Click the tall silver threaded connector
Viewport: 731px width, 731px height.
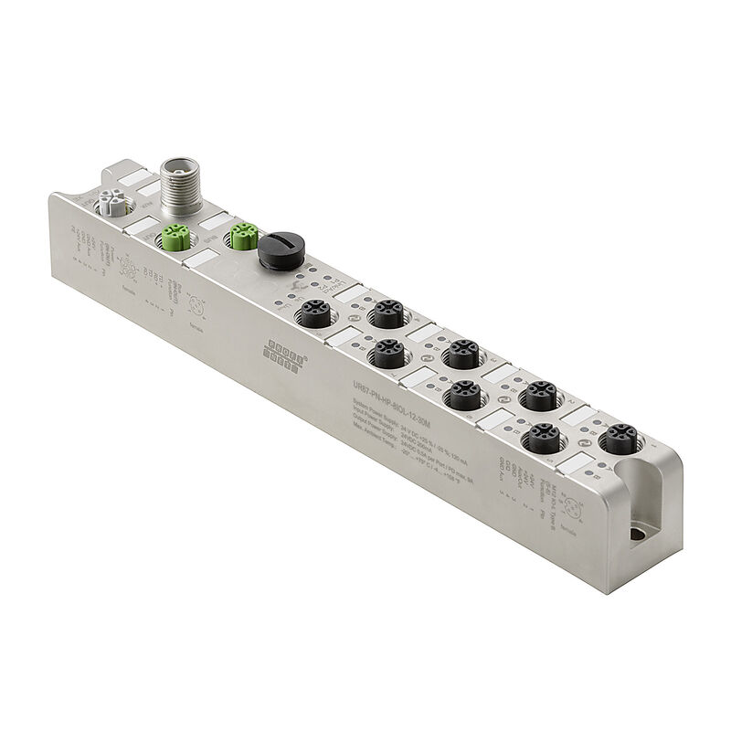[x=173, y=182]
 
